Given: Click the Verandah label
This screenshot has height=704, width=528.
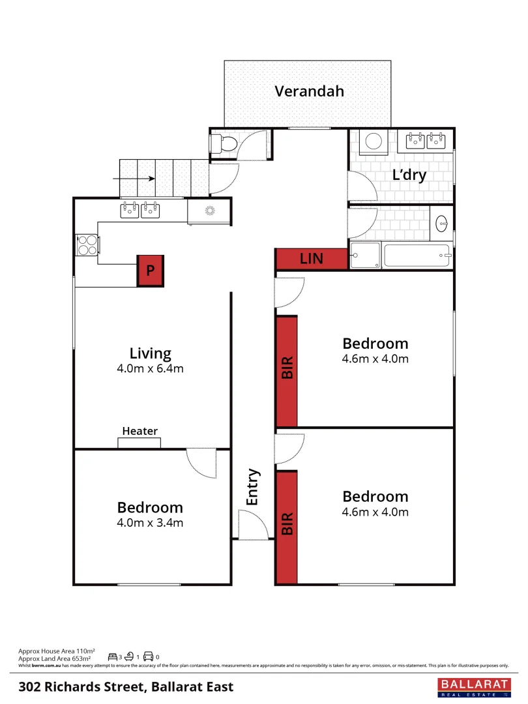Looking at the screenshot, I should click(x=309, y=91).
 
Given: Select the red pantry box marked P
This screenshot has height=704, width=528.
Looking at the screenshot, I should click(x=150, y=271).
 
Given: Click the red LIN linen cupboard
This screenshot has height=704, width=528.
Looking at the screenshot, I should click(x=311, y=259).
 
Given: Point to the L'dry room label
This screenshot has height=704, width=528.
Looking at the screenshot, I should click(x=409, y=175).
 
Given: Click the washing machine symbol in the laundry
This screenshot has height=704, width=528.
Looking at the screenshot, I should click(x=374, y=141).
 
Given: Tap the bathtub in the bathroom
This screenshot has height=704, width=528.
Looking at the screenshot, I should click(x=417, y=255).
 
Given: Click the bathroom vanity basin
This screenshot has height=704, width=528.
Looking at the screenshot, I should click(x=442, y=224).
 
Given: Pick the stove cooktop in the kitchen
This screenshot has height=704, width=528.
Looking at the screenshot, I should click(x=87, y=244).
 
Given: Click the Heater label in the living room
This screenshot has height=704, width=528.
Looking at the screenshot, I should click(x=139, y=431).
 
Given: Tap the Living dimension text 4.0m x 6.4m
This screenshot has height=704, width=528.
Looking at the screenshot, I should click(x=150, y=369).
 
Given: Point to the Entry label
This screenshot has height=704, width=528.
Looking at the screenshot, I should click(x=253, y=487).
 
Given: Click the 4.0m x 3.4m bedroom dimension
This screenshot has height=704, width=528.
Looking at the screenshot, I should click(x=150, y=522).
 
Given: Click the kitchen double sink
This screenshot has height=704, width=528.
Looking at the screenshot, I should click(x=140, y=210).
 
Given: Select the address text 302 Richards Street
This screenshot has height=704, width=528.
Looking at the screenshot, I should click(x=126, y=687).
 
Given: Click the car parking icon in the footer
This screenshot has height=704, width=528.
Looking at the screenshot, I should click(x=148, y=656).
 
